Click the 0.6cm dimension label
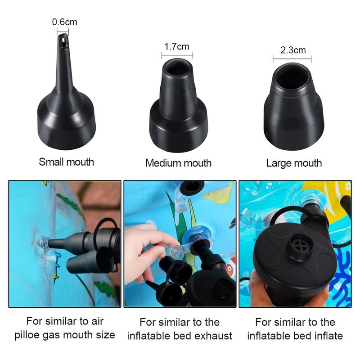click(x=64, y=22)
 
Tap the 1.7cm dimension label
click(x=177, y=47)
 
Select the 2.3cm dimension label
click(x=293, y=50)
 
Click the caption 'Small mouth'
click(x=66, y=162)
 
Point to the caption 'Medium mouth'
click(x=178, y=163)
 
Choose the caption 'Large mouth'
click(x=294, y=163)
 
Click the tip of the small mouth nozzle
click(x=63, y=35)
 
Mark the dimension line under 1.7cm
click(x=177, y=55)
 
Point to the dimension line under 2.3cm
click(x=292, y=59)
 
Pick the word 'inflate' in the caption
click(x=328, y=336)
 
